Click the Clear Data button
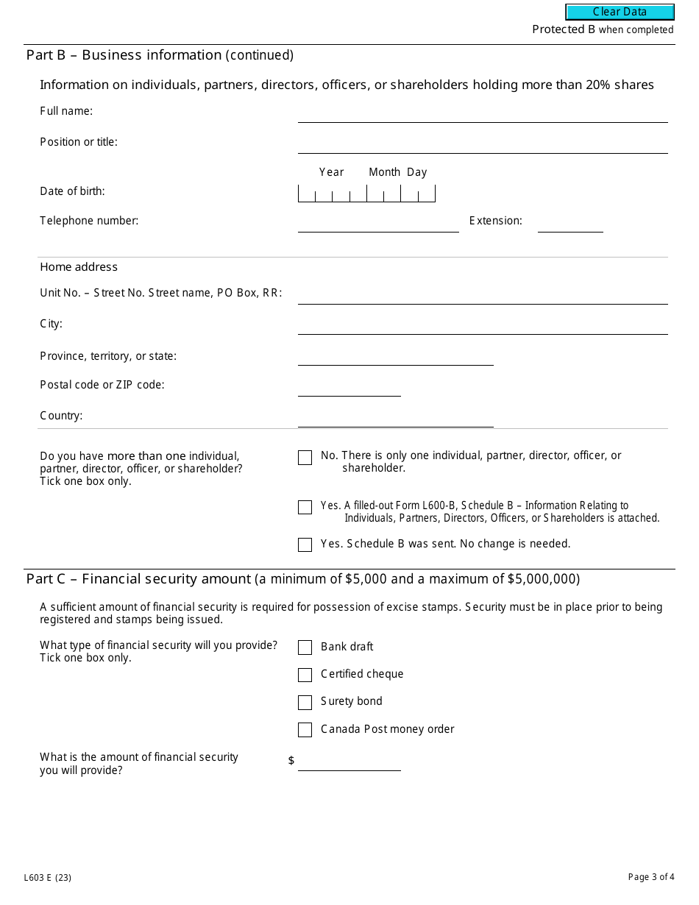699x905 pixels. pyautogui.click(x=620, y=12)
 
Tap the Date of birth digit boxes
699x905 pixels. pyautogui.click(x=366, y=194)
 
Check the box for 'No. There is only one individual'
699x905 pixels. pyautogui.click(x=305, y=458)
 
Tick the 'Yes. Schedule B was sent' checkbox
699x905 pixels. pyautogui.click(x=305, y=544)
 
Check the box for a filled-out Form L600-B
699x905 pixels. pyautogui.click(x=305, y=508)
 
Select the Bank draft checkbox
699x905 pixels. pyautogui.click(x=305, y=647)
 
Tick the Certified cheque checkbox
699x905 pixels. pyautogui.click(x=305, y=675)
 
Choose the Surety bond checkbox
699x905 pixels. pyautogui.click(x=305, y=703)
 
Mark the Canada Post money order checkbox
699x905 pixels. pyautogui.click(x=305, y=730)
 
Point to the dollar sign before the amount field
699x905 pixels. pyautogui.click(x=291, y=761)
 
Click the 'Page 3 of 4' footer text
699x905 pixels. pyautogui.click(x=651, y=876)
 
